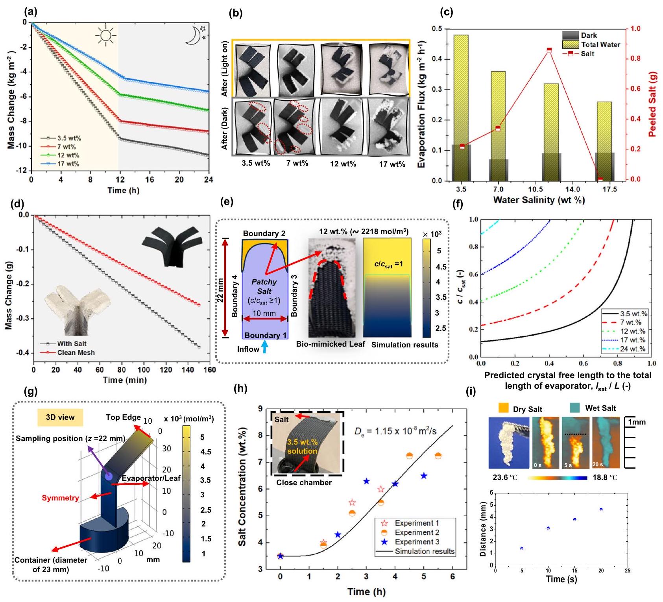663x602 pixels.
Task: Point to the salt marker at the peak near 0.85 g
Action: [x=549, y=50]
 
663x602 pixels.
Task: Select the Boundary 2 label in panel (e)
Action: [x=264, y=234]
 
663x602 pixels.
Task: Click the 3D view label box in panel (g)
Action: [x=60, y=417]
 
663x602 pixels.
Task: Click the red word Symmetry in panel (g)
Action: [x=60, y=498]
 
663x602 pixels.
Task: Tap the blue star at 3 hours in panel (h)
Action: [x=366, y=481]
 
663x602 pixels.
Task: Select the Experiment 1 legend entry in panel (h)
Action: [x=416, y=523]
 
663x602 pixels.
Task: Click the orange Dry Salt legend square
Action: [x=503, y=407]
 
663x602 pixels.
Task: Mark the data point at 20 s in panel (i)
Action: [x=601, y=510]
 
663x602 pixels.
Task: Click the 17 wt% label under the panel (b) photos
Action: [x=392, y=164]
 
